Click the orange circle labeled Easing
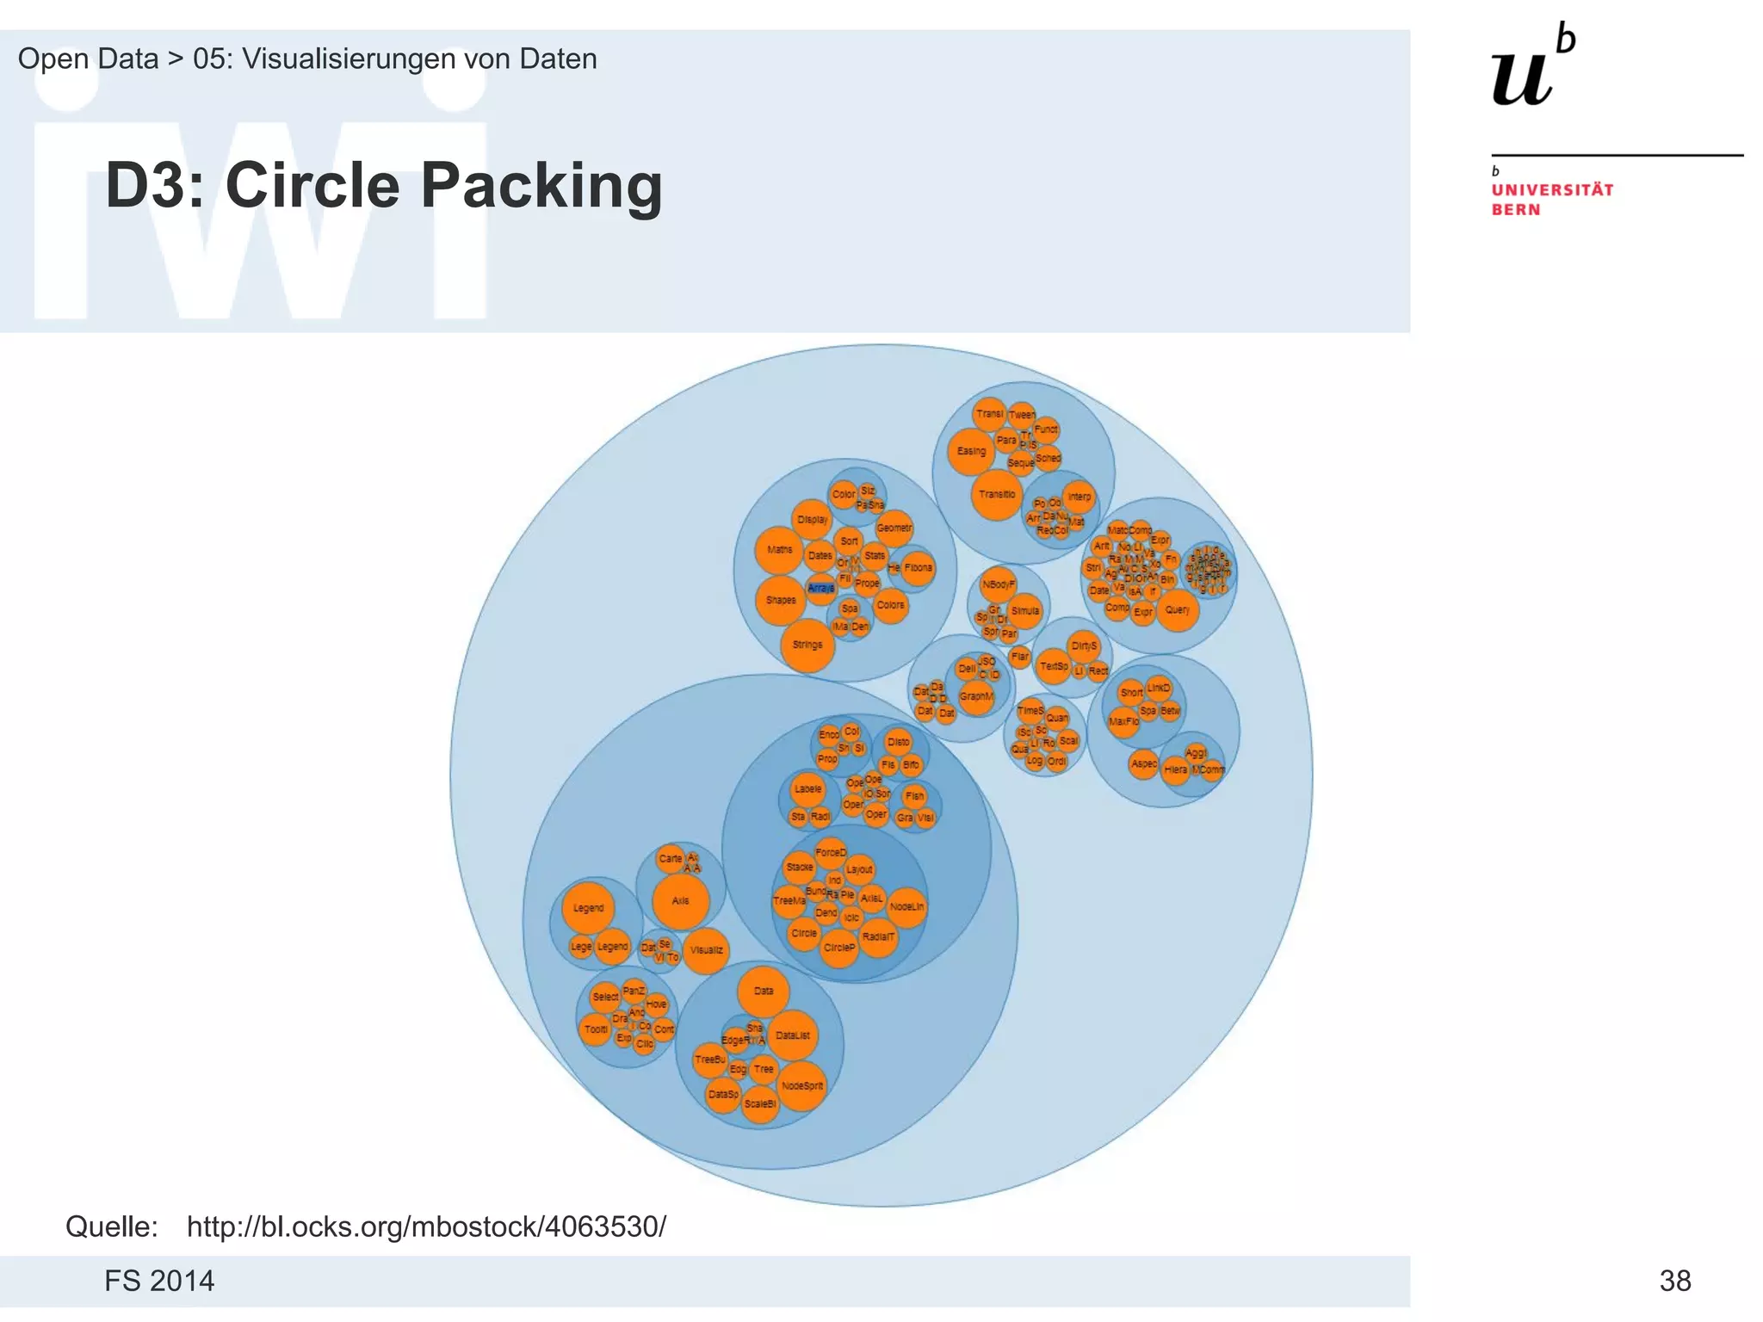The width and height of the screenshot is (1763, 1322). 971,451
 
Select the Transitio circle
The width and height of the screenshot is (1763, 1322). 997,495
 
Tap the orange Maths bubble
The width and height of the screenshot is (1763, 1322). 779,550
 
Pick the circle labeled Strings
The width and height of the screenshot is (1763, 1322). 807,645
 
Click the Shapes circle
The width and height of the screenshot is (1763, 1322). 781,600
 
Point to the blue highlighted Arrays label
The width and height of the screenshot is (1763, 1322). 820,588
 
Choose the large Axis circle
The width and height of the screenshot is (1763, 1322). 680,901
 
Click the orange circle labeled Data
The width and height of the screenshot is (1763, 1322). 764,991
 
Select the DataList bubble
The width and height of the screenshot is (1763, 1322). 792,1035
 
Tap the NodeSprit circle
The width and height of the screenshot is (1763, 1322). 801,1086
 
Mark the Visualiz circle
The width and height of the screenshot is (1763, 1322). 706,950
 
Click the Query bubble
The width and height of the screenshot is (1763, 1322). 1177,610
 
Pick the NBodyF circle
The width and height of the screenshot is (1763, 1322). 999,584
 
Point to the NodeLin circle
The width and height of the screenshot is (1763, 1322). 906,907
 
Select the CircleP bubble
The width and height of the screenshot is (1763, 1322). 839,948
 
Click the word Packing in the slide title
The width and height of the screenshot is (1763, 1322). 542,185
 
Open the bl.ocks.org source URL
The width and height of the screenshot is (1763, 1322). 426,1226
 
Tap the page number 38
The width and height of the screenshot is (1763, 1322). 1675,1281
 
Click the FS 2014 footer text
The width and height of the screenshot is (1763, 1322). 159,1281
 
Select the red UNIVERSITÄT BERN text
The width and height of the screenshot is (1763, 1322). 1552,200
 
